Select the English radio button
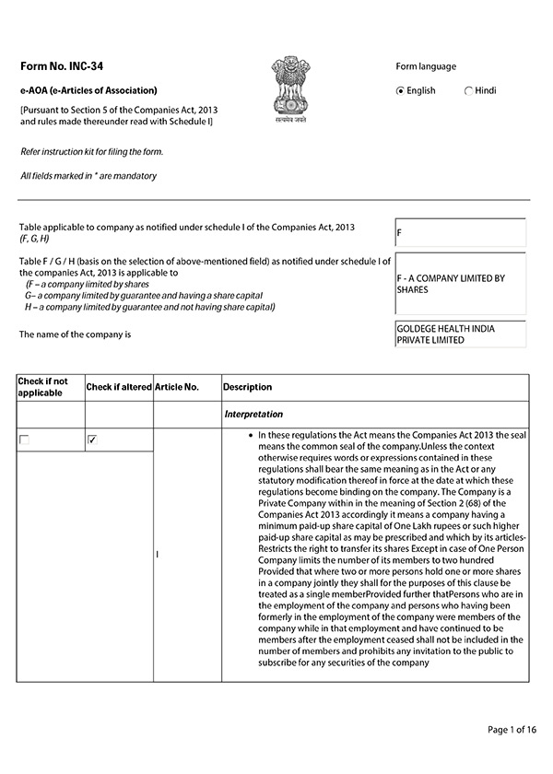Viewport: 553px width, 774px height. [400, 91]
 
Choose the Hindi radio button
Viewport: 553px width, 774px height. [469, 91]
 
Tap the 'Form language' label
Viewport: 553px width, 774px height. [425, 66]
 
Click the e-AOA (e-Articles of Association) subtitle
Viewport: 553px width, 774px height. [88, 90]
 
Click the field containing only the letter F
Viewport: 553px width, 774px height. [459, 233]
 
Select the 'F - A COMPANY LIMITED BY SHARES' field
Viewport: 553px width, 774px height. [459, 283]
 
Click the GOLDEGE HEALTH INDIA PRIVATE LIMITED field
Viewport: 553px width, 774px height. [459, 334]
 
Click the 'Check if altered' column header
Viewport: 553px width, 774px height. [118, 387]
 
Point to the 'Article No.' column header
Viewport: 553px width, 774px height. [177, 387]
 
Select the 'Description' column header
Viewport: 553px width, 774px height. [247, 387]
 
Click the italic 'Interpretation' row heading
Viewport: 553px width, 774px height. [253, 415]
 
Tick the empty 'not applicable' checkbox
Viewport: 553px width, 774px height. [24, 440]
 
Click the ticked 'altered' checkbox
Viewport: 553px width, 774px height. [92, 440]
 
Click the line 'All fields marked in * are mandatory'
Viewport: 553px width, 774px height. [88, 175]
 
